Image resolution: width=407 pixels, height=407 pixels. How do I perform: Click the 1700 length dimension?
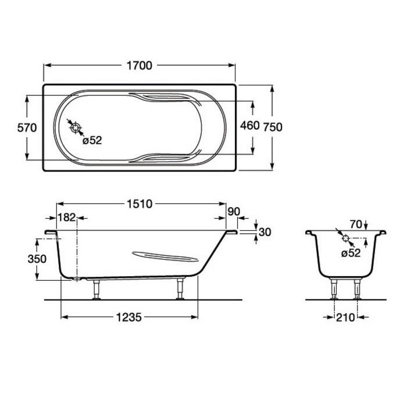140,66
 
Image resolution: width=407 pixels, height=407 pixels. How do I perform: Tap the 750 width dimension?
273,127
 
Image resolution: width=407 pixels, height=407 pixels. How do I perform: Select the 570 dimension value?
27,128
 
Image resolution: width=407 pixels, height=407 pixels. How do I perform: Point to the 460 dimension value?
249,126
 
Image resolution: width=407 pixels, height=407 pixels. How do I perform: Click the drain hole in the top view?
76,128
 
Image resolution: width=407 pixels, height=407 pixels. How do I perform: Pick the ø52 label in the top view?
92,141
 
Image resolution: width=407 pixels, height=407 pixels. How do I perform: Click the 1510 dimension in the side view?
140,204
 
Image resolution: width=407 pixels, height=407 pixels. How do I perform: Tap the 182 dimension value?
66,217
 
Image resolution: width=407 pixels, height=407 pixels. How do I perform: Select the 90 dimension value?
234,212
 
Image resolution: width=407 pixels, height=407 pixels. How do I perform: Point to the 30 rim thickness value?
265,232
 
